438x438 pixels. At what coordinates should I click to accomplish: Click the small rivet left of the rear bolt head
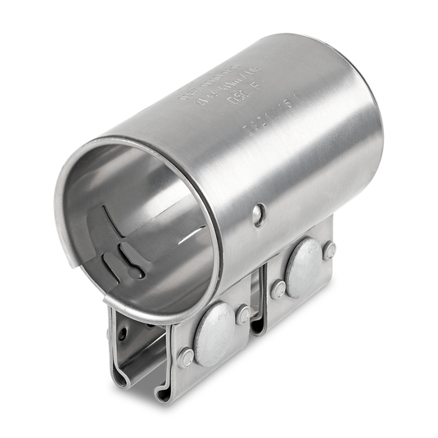tap(278, 289)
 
